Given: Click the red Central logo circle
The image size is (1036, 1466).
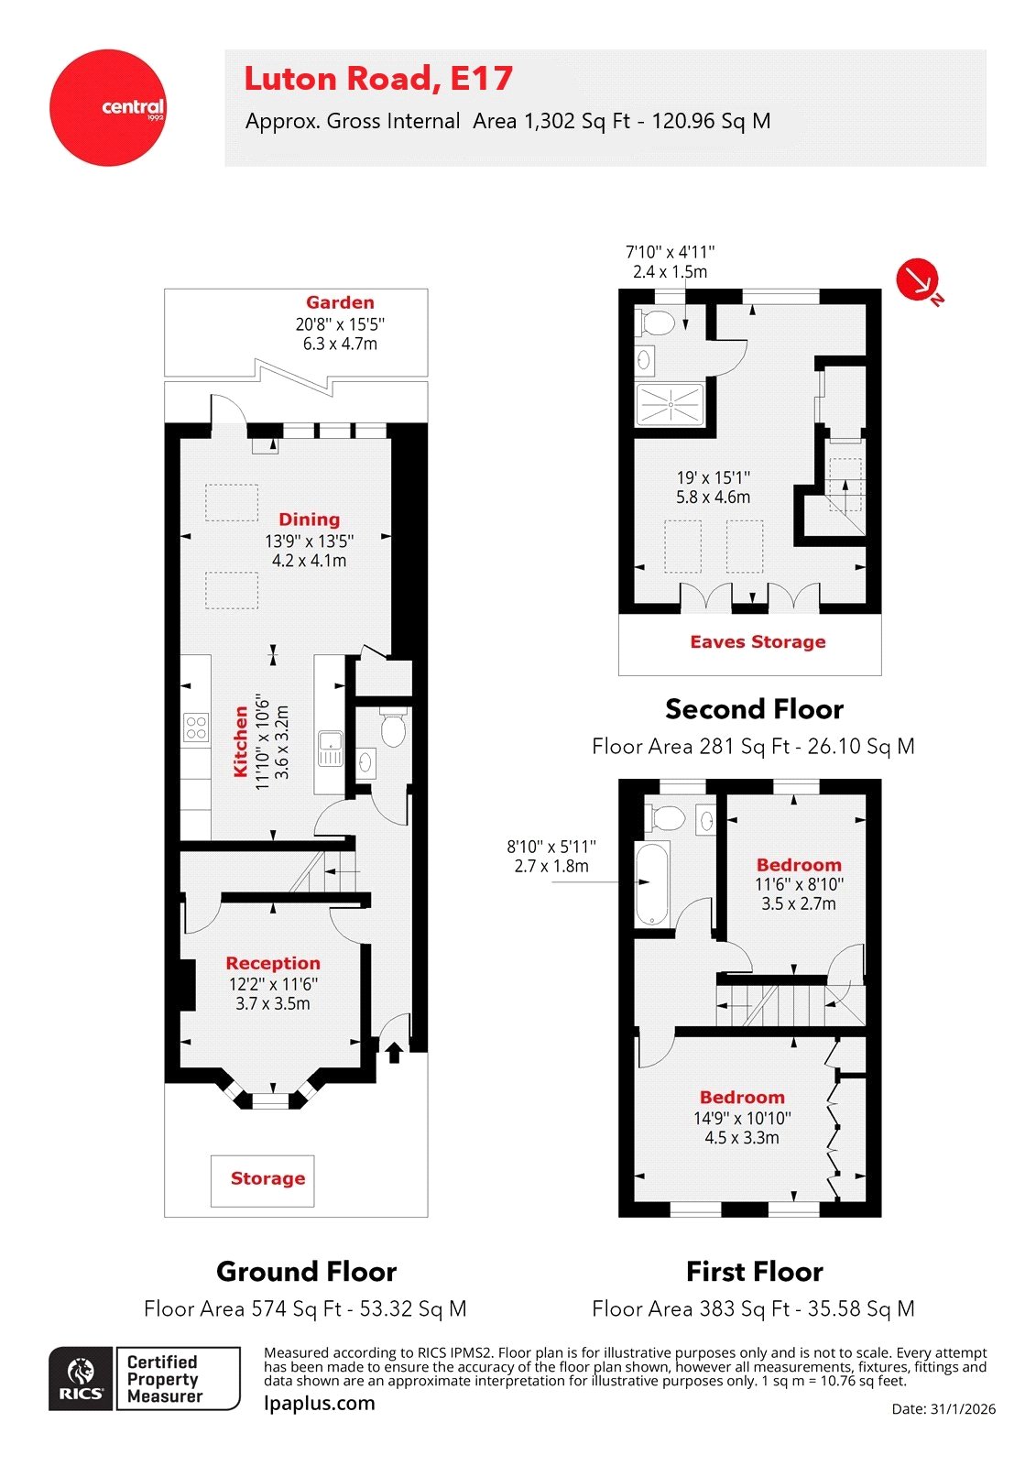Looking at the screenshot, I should [x=108, y=108].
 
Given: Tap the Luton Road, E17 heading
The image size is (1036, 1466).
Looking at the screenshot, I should [x=377, y=79].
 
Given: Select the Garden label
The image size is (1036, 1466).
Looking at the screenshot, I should [x=340, y=302].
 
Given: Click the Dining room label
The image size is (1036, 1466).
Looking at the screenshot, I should [x=309, y=520].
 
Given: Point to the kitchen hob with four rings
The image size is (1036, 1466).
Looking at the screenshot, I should [x=196, y=728].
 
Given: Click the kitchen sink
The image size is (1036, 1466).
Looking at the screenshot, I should [x=330, y=749].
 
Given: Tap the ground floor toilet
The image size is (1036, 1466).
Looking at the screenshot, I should [x=393, y=728].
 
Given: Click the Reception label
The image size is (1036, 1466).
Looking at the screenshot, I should [x=273, y=963].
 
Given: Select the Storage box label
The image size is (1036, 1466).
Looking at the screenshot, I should [x=267, y=1179].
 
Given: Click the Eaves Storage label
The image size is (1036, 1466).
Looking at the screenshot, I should [x=758, y=642].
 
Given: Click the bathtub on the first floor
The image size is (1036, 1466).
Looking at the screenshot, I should [x=651, y=884].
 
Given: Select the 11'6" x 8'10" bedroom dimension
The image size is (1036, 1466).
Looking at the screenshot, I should [x=799, y=885].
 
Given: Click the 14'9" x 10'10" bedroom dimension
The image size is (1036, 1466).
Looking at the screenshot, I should [x=742, y=1119].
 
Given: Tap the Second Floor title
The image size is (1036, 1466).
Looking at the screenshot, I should [x=754, y=709].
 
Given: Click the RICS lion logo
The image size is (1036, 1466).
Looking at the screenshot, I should [x=82, y=1377].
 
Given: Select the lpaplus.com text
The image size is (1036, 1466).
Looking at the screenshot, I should [x=319, y=1404].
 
